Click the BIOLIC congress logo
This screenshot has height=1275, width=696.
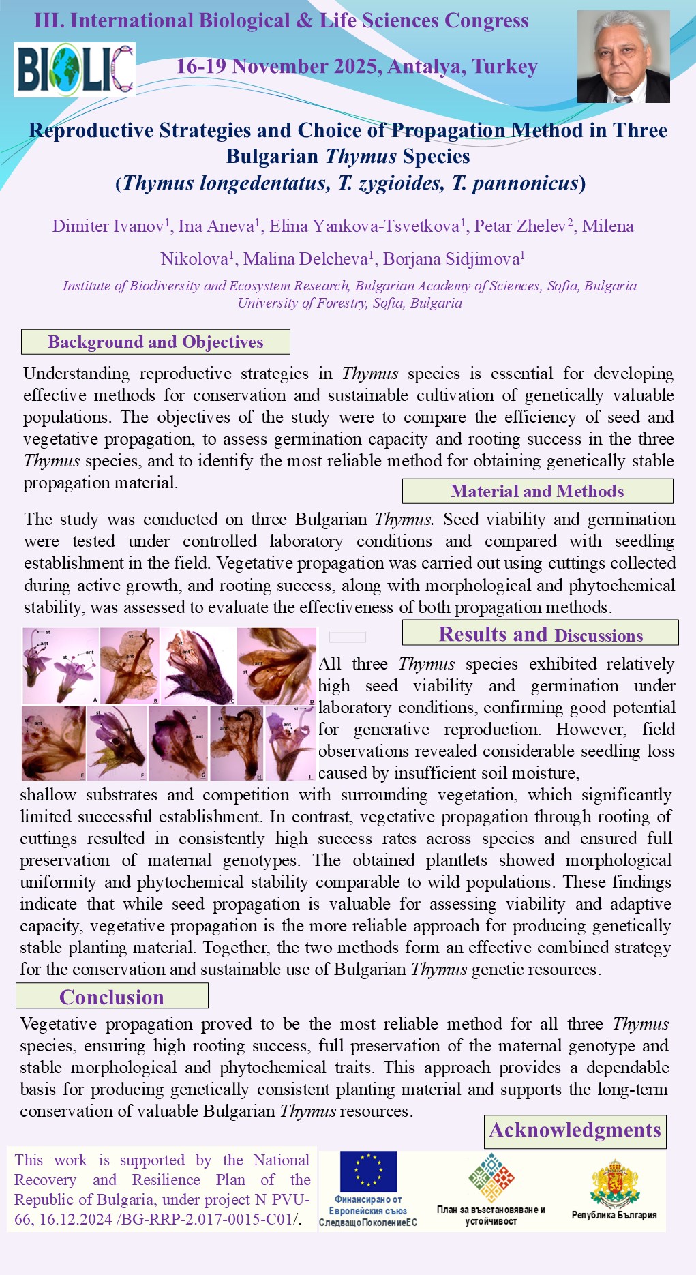coord(74,70)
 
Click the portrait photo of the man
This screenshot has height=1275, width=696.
coord(623,57)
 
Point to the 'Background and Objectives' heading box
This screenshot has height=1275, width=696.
coord(155,342)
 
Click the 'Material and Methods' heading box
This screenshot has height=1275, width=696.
coord(537,491)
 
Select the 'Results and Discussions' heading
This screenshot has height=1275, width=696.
coord(540,633)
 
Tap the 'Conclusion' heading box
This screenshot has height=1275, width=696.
coord(112,996)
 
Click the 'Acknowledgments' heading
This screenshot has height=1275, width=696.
coord(575,1130)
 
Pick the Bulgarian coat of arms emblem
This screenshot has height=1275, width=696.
coord(614,1183)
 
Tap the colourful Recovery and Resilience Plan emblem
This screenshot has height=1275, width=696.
coord(491,1177)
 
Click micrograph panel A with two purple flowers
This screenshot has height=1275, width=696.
coord(61,665)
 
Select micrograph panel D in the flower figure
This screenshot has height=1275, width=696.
coord(277,665)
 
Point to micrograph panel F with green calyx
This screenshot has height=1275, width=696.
coord(117,742)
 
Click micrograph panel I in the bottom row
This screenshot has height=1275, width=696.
coord(290,742)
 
